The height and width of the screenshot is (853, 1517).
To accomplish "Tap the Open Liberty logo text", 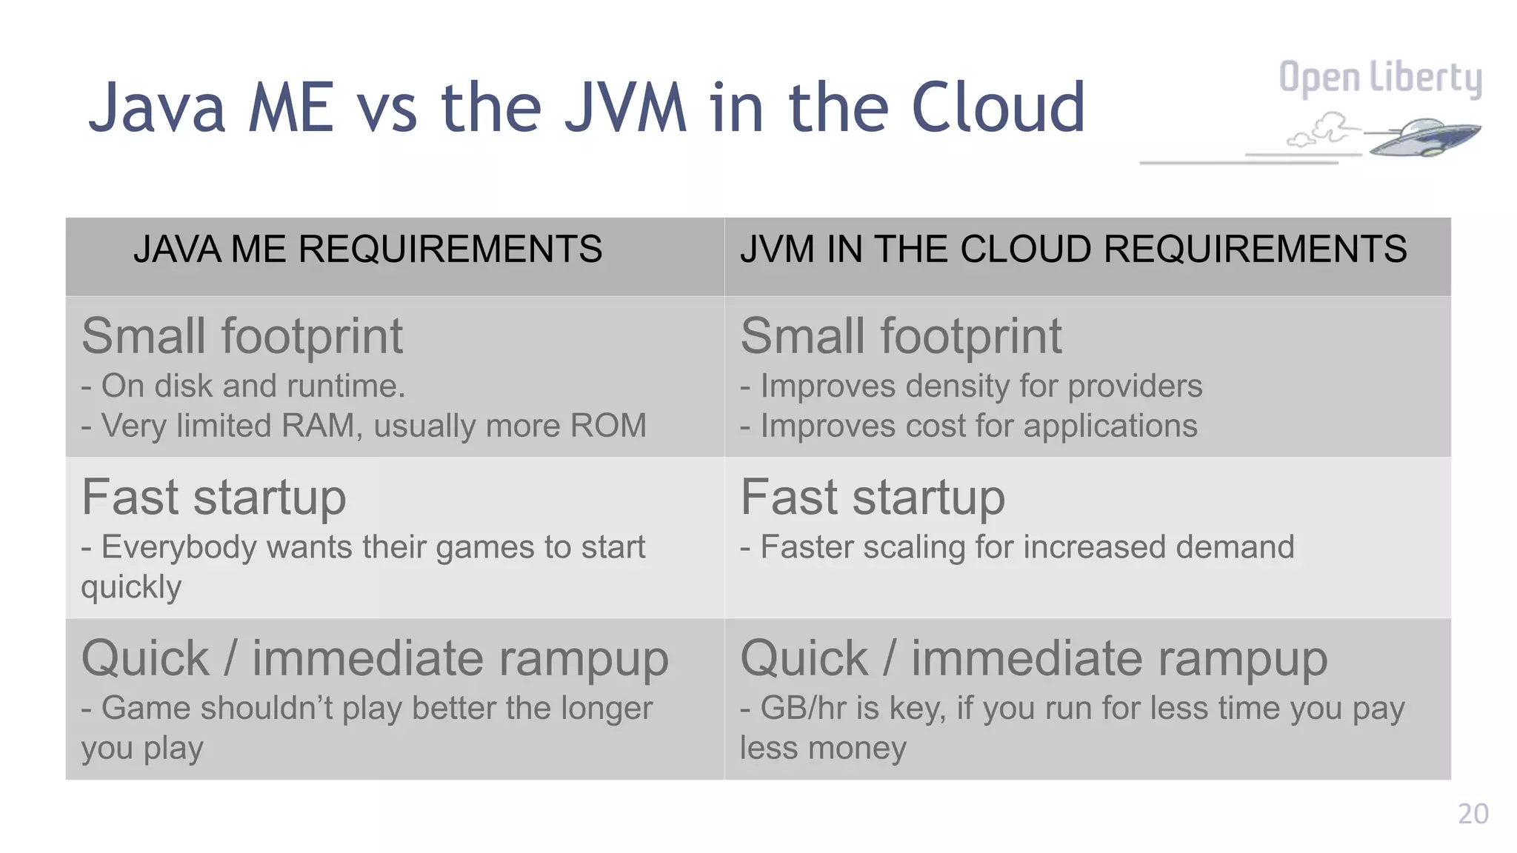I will (x=1380, y=78).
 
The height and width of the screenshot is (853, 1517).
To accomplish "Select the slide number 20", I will (x=1473, y=814).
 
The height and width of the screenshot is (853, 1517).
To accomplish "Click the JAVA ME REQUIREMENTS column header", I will (x=367, y=249).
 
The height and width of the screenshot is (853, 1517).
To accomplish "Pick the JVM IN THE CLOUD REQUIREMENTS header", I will (x=1073, y=249).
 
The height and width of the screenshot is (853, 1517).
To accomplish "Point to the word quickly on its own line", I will (x=131, y=588).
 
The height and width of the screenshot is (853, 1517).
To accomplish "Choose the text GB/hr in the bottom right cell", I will (x=804, y=708).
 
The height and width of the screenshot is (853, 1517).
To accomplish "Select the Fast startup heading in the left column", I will (x=213, y=497).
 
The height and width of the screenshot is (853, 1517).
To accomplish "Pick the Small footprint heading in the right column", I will (x=901, y=336).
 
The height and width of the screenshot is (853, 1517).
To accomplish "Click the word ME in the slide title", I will (x=290, y=108).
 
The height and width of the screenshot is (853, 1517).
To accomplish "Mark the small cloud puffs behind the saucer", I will (x=1322, y=130).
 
